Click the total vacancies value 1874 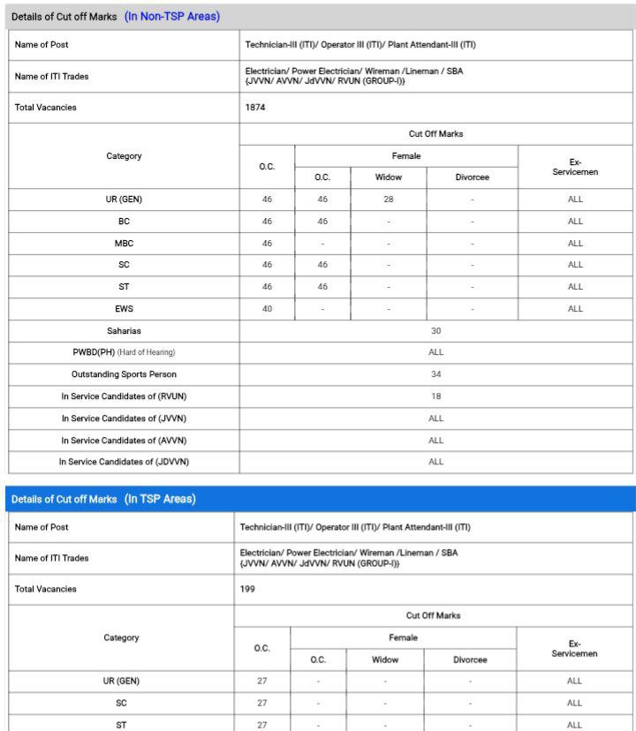tap(255, 108)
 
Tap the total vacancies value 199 tap(248, 589)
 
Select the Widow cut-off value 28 tap(388, 200)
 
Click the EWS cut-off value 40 tap(267, 309)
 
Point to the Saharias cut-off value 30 tap(435, 331)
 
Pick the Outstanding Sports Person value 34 tap(435, 374)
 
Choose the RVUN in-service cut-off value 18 tap(435, 396)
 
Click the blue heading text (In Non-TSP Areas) tap(172, 16)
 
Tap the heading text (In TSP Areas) tap(160, 499)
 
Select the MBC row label tap(124, 243)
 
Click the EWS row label tap(124, 309)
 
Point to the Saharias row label tap(124, 331)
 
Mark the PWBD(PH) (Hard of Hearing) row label tap(124, 352)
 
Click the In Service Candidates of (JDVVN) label tap(124, 462)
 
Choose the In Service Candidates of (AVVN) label tap(124, 440)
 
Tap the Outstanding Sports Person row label tap(124, 374)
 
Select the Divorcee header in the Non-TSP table tap(472, 177)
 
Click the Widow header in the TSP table tap(385, 659)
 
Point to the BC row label tap(124, 222)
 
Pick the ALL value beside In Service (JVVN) tap(435, 418)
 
